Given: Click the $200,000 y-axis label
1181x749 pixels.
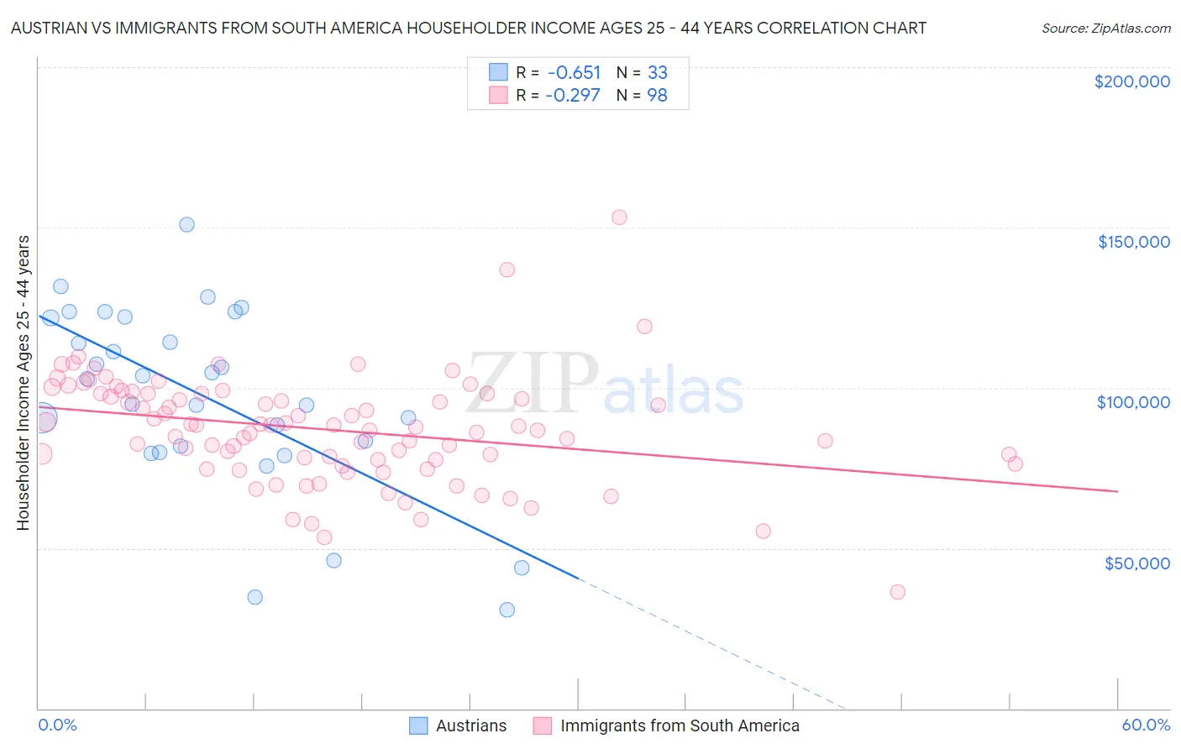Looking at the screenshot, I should pyautogui.click(x=1131, y=81).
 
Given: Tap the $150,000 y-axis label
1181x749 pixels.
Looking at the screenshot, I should pyautogui.click(x=1133, y=242).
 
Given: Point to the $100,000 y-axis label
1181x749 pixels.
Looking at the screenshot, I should pyautogui.click(x=1133, y=402).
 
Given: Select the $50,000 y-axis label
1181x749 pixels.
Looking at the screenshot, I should pyautogui.click(x=1136, y=563).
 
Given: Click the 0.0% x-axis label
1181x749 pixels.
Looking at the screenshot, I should pyautogui.click(x=57, y=725).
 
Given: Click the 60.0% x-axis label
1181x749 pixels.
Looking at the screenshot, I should pyautogui.click(x=1145, y=725).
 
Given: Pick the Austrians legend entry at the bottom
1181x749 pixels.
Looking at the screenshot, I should pyautogui.click(x=458, y=725).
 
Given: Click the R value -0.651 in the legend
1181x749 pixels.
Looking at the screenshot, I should pyautogui.click(x=573, y=72).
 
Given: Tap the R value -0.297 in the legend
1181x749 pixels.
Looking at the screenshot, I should pyautogui.click(x=572, y=95).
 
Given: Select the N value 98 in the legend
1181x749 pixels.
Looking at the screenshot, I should pyautogui.click(x=657, y=95).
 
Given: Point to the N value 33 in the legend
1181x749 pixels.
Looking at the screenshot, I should pyautogui.click(x=657, y=72).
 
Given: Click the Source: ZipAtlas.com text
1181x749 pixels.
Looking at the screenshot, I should pyautogui.click(x=1105, y=28).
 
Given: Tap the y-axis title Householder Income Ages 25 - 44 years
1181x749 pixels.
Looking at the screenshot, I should pyautogui.click(x=23, y=383).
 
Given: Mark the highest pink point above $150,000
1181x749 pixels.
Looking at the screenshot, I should pyautogui.click(x=619, y=217).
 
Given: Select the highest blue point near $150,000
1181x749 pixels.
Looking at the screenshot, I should pyautogui.click(x=186, y=225).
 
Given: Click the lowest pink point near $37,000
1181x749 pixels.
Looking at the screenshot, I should pyautogui.click(x=897, y=592).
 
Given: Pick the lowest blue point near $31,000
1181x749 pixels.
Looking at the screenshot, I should pyautogui.click(x=507, y=610).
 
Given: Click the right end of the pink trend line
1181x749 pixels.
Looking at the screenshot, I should pyautogui.click(x=1117, y=490).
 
